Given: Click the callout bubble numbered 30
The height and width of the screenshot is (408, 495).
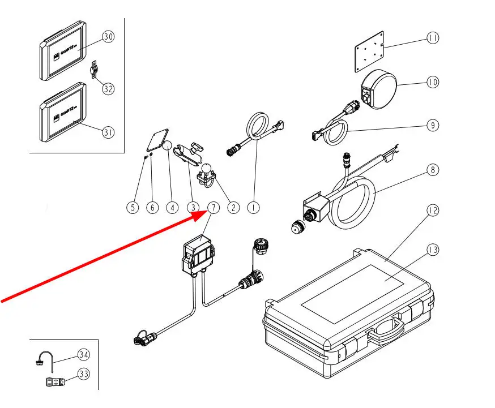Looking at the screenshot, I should coord(108,37).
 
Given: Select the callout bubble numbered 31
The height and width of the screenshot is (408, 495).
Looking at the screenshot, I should coord(108,132).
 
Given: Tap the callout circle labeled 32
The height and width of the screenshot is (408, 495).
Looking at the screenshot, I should coord(108,89).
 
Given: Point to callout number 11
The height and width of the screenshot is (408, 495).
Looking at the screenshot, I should coord(433,38).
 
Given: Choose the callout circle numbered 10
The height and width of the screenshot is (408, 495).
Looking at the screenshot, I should coord(433,82).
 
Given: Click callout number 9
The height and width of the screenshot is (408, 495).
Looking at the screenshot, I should coord(433,125).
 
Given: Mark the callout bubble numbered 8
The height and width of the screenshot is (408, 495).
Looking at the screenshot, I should coord(433,169).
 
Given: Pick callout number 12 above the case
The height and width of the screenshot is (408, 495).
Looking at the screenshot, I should coord(433,211).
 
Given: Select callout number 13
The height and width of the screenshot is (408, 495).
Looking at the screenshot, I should coord(433,248).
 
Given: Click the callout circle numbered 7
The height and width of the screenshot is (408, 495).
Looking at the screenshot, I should coord(213,208).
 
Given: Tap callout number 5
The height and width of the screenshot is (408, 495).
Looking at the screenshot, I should coord(132,208).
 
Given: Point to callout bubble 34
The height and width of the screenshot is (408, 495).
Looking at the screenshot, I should coord(84,355).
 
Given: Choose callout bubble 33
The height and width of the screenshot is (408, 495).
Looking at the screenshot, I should coord(84,374).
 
